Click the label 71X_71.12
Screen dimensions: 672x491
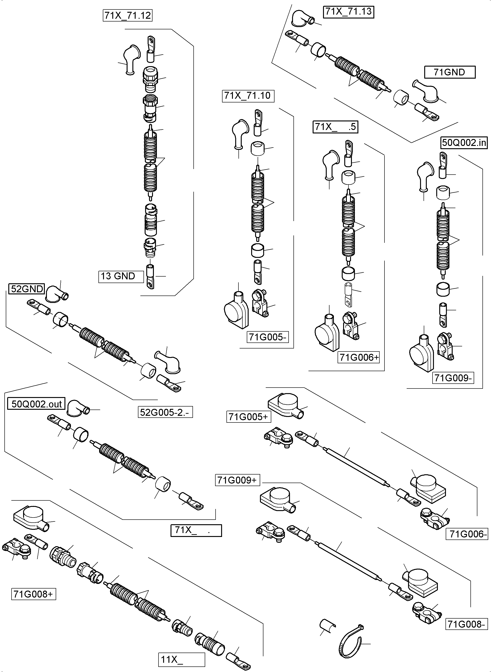pos(128,15)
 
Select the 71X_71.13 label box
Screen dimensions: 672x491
pos(348,12)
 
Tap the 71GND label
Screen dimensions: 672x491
pos(449,72)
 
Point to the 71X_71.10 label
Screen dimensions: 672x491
pos(248,96)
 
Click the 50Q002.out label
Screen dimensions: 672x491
pos(36,404)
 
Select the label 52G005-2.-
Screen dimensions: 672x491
pos(165,412)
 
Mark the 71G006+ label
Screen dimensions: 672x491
pos(359,357)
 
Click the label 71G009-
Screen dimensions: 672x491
pos(453,378)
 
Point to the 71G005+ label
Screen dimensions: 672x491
pos(248,417)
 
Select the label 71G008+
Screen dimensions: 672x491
pos(33,594)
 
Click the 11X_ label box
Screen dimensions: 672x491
pos(181,660)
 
